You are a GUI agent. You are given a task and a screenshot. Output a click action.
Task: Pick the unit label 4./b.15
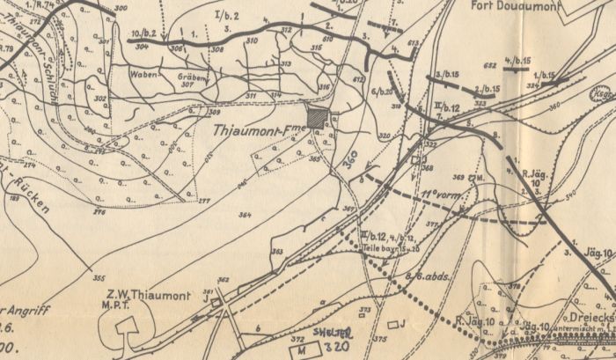pyautogui.click(x=517, y=60)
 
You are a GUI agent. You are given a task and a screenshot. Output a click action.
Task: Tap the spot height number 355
pyautogui.click(x=99, y=279)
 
